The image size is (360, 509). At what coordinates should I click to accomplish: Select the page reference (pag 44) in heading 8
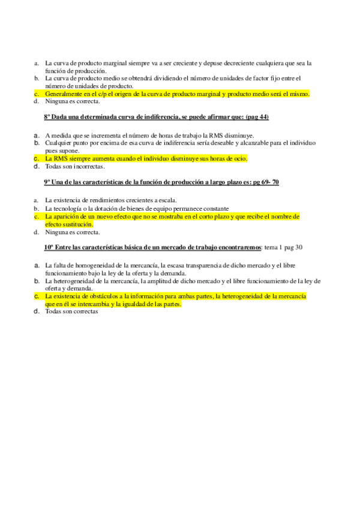[x=257, y=116]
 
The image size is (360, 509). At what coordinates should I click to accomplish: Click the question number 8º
[x=48, y=116]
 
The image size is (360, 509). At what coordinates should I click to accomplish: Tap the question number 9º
[x=48, y=182]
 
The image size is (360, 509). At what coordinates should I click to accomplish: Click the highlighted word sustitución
[x=78, y=224]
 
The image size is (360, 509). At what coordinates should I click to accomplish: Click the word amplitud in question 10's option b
[x=169, y=281]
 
